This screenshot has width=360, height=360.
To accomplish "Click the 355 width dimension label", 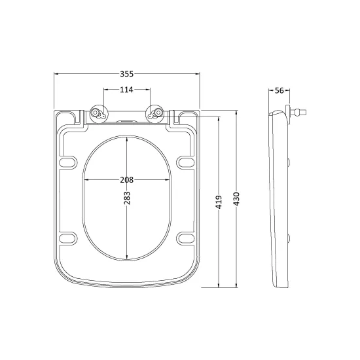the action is click(x=127, y=74).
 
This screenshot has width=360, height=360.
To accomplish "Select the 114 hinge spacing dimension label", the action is click(x=126, y=90).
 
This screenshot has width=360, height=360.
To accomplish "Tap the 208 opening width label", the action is click(x=127, y=180).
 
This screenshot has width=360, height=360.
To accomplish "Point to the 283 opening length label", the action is click(x=127, y=198).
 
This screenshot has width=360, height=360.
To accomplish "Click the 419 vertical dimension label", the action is click(x=219, y=202).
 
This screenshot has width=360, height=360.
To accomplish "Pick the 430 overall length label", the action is click(x=236, y=199).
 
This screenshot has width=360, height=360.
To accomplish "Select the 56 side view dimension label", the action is click(x=279, y=90).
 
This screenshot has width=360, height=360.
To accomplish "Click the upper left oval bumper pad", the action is click(x=68, y=162).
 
